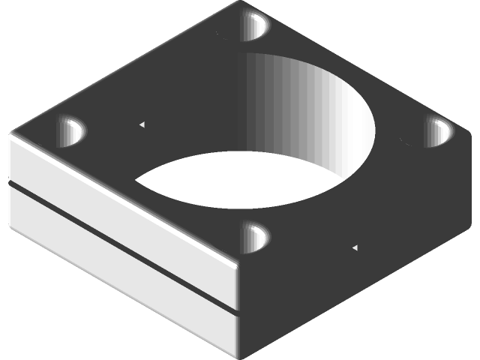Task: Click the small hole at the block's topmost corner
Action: coord(255,25)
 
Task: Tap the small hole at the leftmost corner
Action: coord(72,132)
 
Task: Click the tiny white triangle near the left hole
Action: coord(142,124)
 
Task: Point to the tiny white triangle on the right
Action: coord(355,247)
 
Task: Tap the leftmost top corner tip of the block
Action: coord(9,135)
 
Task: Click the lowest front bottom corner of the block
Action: coord(238,356)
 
